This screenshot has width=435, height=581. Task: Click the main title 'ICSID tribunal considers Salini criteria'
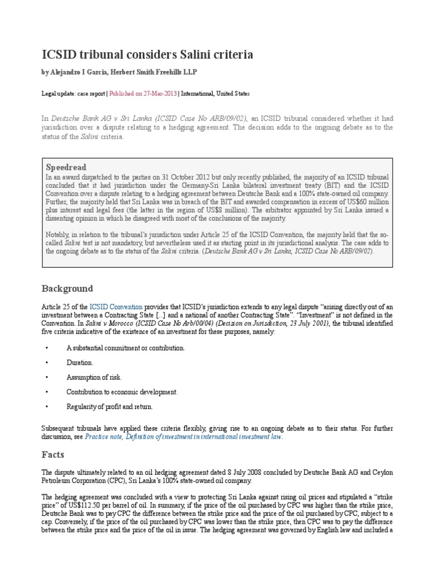[148, 54]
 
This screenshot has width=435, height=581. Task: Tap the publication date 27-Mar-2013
[160, 93]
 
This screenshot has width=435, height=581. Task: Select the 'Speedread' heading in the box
[66, 167]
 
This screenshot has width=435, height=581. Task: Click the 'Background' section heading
[66, 288]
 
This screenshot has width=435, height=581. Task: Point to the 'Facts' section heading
[53, 454]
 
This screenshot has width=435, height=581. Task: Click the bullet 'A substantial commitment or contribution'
[125, 347]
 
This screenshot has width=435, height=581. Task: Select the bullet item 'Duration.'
[79, 362]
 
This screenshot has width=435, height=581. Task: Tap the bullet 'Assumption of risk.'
[93, 377]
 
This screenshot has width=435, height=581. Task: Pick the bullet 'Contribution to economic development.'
[122, 391]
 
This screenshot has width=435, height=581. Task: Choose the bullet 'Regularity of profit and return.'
[109, 406]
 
